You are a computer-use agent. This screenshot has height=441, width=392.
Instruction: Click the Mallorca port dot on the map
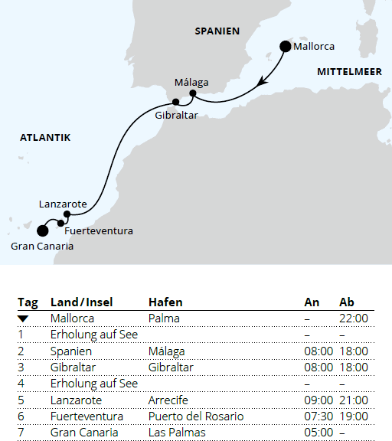click(x=286, y=46)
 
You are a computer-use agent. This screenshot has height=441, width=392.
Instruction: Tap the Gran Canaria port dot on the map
click(x=42, y=230)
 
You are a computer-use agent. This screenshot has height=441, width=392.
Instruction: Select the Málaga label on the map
click(x=191, y=83)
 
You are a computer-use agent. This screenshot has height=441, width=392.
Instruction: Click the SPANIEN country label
click(x=217, y=31)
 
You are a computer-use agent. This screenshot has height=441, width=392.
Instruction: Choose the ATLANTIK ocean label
click(x=44, y=138)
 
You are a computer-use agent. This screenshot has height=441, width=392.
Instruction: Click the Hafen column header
click(x=165, y=302)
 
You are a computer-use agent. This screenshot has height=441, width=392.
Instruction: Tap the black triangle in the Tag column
click(x=23, y=318)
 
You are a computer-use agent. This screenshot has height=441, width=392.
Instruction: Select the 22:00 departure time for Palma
click(x=353, y=318)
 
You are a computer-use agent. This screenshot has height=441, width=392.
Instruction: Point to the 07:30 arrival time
click(x=317, y=416)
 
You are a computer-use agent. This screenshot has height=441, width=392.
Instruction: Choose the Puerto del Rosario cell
click(x=196, y=416)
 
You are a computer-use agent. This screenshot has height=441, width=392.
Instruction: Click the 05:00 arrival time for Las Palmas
click(x=317, y=433)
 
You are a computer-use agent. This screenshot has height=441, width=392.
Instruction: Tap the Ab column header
click(x=346, y=302)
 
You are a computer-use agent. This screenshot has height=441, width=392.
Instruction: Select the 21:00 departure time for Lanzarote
click(x=353, y=400)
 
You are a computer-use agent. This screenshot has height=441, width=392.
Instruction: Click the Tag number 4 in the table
click(x=21, y=383)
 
